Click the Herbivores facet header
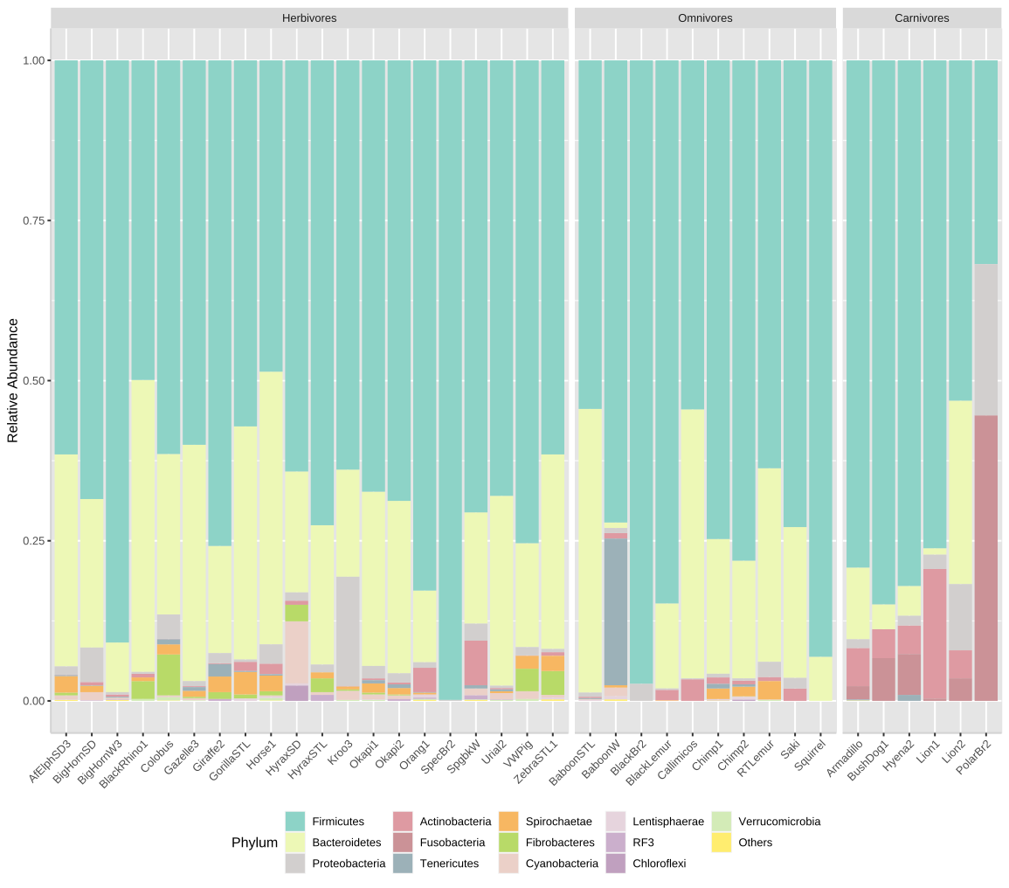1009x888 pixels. (309, 17)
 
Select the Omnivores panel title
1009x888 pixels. (705, 17)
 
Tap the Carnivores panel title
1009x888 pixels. (922, 17)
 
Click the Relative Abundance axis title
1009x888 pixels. (13, 380)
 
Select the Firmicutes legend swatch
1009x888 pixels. (295, 822)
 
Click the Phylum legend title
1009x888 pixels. (254, 843)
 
